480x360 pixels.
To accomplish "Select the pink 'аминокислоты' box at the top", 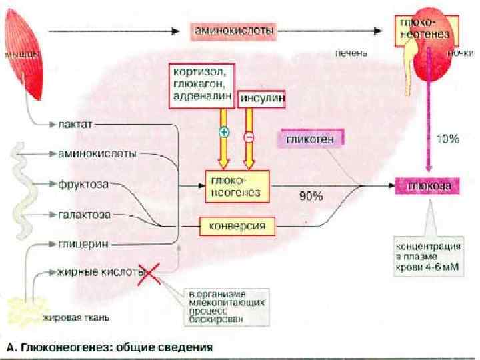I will pos(235,31).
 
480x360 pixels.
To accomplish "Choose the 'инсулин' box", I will pos(263,99).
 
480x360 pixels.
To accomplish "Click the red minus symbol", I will pos(249,137).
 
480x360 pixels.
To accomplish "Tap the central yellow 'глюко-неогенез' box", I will pos(237,185).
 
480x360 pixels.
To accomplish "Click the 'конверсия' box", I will pos(237,226).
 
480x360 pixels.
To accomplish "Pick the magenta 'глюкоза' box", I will pos(428,186).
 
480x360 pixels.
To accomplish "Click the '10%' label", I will pos(447,139).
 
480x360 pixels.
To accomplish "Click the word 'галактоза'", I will pos(85,215).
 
